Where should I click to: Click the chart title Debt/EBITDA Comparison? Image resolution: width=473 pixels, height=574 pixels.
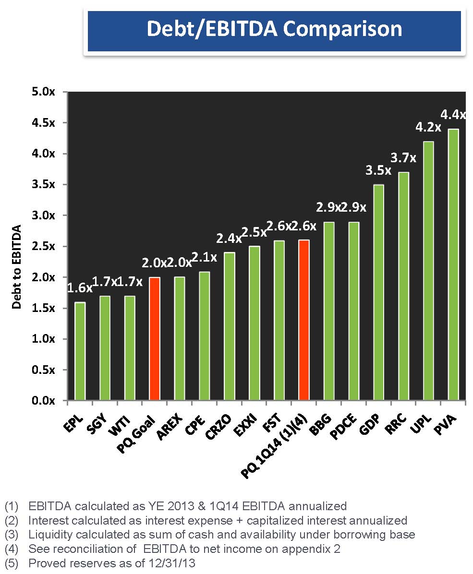tap(274, 29)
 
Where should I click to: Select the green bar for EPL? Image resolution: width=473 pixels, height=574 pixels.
tap(80, 351)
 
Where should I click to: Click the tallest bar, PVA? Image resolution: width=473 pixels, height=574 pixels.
tap(453, 264)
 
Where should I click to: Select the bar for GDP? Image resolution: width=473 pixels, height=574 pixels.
tap(378, 292)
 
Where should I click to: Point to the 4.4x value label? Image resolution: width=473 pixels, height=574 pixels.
tap(453, 115)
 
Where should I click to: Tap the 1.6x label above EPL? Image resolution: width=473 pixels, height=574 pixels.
tap(79, 288)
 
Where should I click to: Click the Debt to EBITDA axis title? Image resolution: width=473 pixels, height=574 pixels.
tap(17, 266)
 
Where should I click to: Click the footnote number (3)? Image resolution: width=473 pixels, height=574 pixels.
tap(11, 535)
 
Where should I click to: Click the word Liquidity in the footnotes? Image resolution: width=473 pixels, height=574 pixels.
tap(47, 535)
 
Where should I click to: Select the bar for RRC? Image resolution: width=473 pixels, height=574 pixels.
tap(403, 286)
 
